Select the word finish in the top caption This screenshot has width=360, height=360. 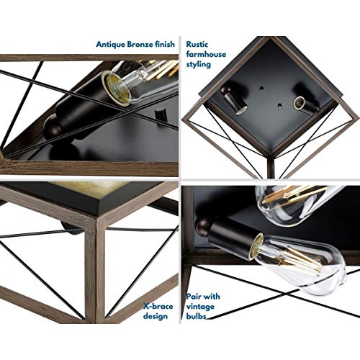tap(165, 44)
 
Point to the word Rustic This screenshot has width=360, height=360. tap(197, 44)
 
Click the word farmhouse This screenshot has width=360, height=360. tap(206, 54)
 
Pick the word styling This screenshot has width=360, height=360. tap(199, 65)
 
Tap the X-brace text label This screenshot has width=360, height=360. tap(158, 307)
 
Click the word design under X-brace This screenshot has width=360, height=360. tap(156, 317)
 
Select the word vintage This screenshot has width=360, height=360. tap(200, 307)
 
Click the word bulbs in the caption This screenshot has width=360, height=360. tap(196, 316)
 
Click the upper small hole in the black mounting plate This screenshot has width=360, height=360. tap(261, 88)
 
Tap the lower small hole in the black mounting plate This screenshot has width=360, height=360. tap(279, 105)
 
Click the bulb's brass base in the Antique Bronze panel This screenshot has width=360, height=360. tap(114, 87)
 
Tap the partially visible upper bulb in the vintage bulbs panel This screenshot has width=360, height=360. tap(293, 204)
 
